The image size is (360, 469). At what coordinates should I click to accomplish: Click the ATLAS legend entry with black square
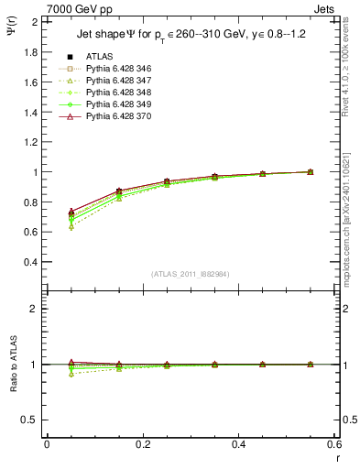click(98, 58)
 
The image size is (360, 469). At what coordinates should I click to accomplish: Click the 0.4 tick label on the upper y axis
click(30, 262)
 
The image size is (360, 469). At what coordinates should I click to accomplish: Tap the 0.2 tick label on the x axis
click(143, 444)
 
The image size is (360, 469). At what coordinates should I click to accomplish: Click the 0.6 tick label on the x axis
click(333, 444)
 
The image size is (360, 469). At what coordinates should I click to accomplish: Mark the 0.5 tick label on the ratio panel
click(30, 420)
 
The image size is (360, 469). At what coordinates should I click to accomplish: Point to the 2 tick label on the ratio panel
click(35, 309)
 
